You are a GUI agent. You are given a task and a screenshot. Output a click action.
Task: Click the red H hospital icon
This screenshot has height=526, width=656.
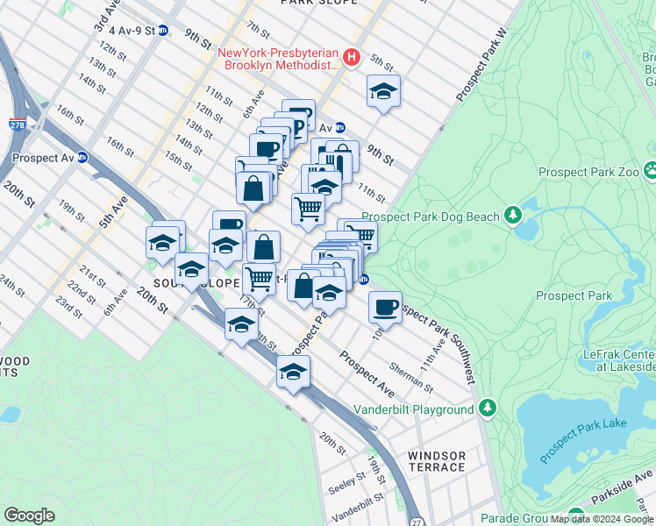pos(352,58)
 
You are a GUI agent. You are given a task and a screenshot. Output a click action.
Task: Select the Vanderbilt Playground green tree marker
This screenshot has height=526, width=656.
pos(488,409)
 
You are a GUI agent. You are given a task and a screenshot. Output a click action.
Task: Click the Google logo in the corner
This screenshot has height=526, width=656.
pos(29,515)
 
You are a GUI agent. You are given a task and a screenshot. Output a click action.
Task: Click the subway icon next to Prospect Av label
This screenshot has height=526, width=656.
pos(82,158)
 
